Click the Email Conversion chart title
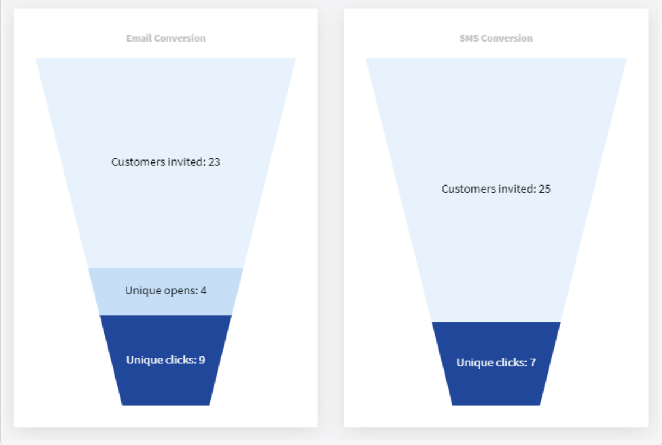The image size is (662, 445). coord(166,39)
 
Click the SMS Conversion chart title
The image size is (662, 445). coord(496,39)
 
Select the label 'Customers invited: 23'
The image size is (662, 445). coord(165,162)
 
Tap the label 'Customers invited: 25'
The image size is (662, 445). coord(496,189)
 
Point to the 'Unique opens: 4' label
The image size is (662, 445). coord(165,291)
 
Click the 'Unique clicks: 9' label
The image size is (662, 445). coord(165,360)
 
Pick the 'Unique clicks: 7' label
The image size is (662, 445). coord(496,363)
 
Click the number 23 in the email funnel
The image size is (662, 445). coord(214,162)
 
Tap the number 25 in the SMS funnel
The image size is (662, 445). coord(545,189)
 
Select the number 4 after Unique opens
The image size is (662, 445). coord(204,291)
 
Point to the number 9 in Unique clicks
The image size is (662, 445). coord(202,360)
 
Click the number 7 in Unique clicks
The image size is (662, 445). coord(533,363)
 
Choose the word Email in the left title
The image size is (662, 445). coord(139,39)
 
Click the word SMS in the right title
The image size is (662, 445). coord(469,39)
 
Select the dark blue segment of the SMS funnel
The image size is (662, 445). coord(496,363)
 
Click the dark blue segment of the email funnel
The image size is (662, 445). coord(165,361)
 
